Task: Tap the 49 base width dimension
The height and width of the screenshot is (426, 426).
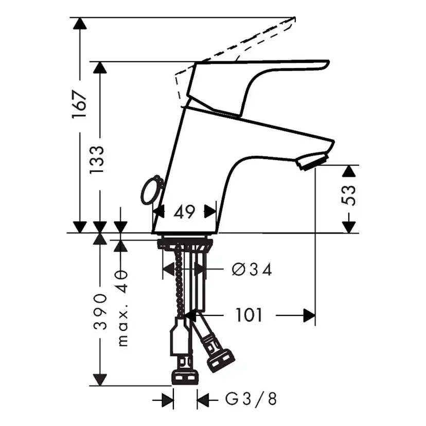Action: pos(184,211)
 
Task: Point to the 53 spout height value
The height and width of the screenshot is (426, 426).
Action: pos(349,196)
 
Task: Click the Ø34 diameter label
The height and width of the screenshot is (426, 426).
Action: pos(252,269)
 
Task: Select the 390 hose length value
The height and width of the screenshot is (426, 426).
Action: pos(101,312)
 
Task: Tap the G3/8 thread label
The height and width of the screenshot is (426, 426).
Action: pos(251,399)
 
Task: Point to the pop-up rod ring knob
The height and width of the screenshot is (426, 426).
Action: pos(151,191)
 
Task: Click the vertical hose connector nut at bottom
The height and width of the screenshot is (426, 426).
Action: pos(184,375)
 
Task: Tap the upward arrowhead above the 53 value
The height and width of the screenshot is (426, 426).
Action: pos(349,172)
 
